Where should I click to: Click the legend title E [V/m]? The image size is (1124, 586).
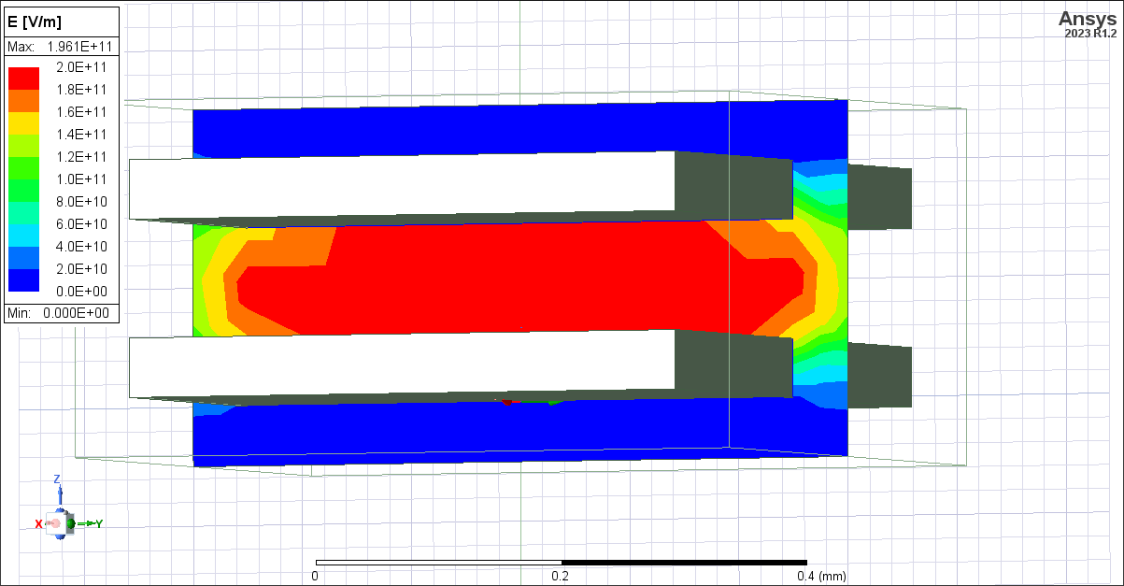35,22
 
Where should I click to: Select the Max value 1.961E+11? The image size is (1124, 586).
79,47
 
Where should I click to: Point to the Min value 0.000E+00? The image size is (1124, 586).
76,313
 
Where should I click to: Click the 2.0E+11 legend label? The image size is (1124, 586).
82,67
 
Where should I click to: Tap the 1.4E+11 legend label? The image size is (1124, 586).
82,135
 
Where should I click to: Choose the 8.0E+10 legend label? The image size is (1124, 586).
82,202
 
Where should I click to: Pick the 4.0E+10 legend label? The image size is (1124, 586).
82,247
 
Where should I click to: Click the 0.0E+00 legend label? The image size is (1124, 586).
82,292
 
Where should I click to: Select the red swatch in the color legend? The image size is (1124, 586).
23,79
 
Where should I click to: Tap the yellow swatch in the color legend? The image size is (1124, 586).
23,123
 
